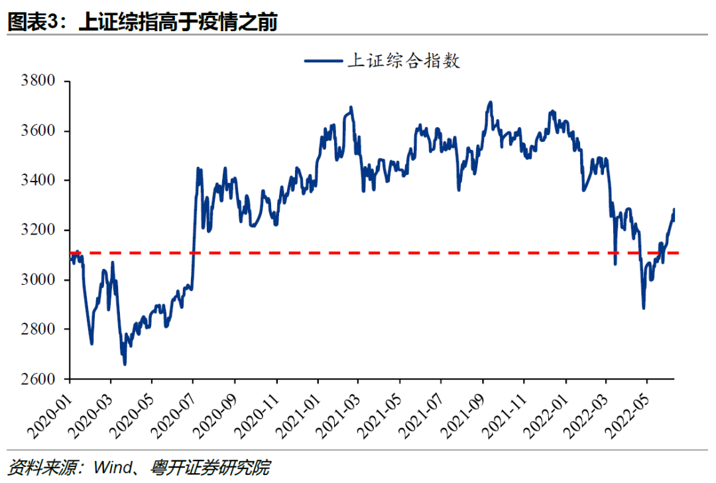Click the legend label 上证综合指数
point(404,62)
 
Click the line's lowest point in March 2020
point(125,364)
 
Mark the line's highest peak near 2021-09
point(490,103)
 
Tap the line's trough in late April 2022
point(643,307)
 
